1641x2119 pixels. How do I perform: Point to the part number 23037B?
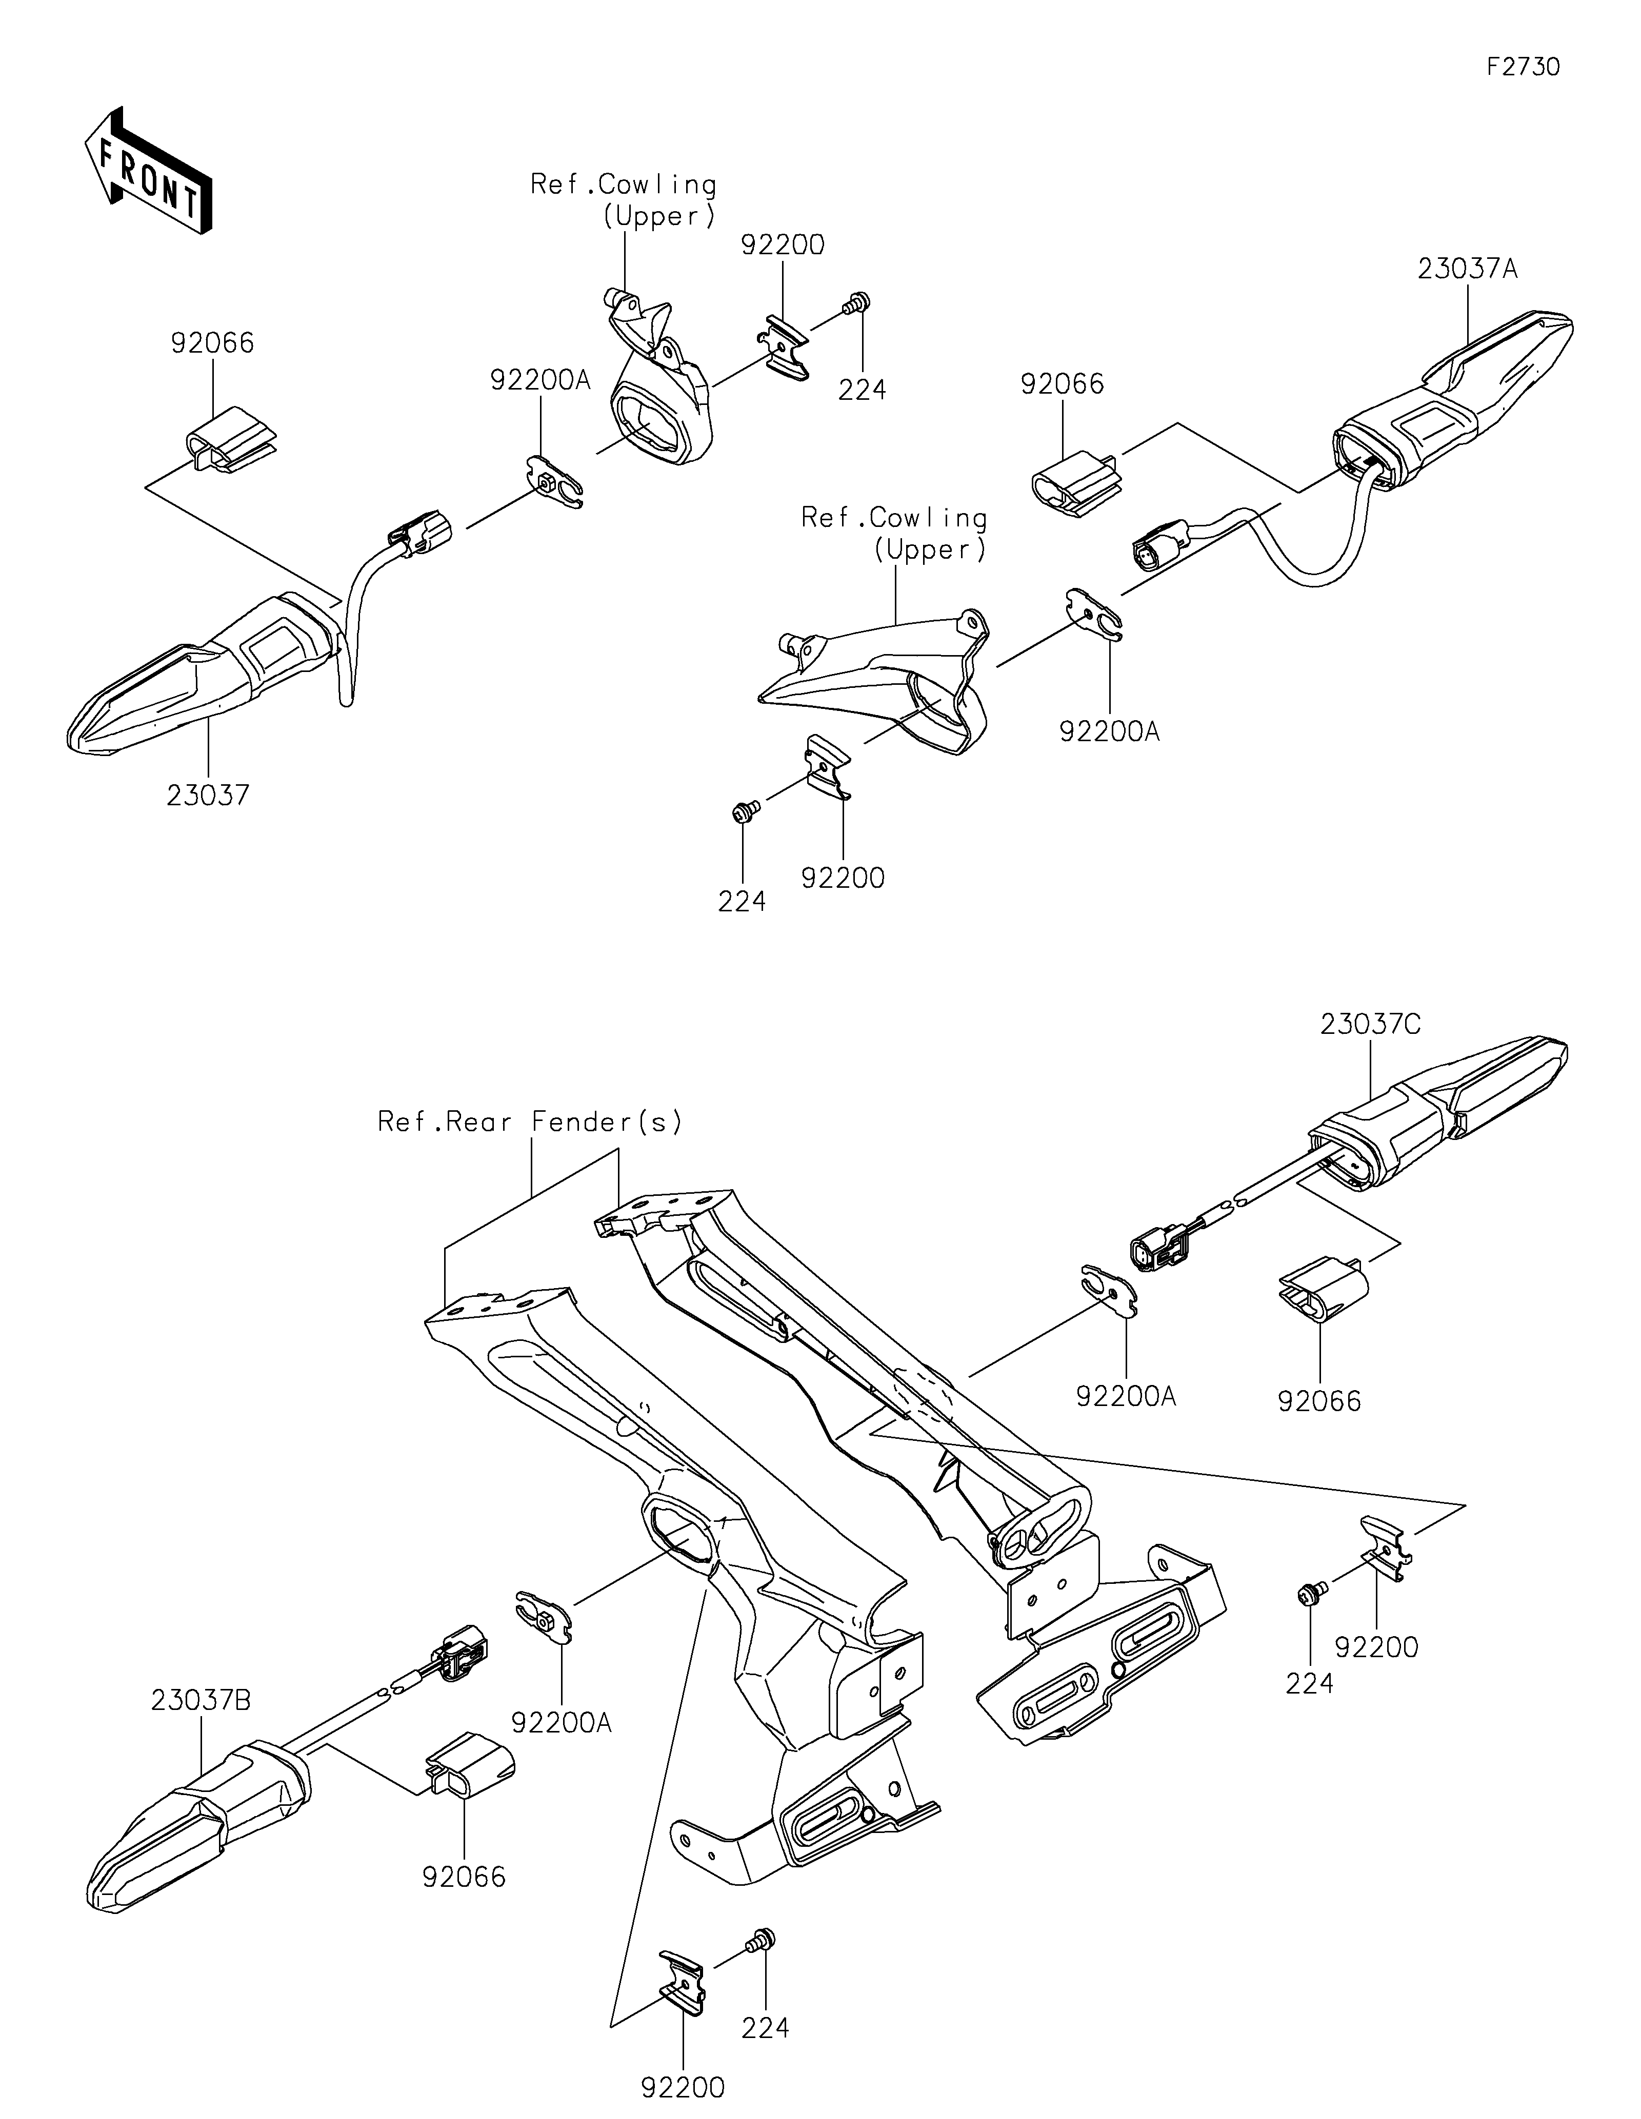point(201,1701)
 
